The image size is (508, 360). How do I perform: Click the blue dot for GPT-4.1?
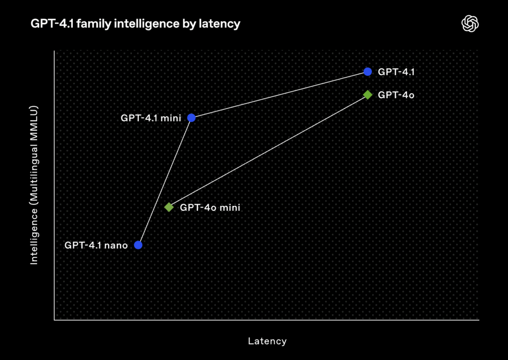click(368, 71)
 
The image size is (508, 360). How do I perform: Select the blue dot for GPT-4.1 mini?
click(191, 118)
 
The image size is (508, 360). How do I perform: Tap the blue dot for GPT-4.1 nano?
click(138, 245)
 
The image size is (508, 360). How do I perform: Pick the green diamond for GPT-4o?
click(368, 95)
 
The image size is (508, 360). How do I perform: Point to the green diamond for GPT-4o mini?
click(169, 207)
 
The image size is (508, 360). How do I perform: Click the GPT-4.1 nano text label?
click(96, 245)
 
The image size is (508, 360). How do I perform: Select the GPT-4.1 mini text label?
click(151, 118)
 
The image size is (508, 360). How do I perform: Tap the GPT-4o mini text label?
click(210, 207)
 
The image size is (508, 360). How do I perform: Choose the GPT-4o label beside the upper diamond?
click(396, 95)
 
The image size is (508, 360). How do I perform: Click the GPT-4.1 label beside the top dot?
click(396, 72)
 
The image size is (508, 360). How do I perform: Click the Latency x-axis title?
click(267, 341)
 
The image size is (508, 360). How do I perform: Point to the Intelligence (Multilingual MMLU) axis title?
click(34, 185)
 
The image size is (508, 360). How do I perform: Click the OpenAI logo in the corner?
click(470, 24)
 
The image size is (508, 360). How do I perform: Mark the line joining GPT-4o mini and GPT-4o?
click(268, 151)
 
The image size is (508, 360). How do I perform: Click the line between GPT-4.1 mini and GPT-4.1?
click(279, 95)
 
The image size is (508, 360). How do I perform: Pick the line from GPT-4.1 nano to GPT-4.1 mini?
click(165, 181)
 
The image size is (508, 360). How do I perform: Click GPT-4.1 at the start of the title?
click(53, 24)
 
